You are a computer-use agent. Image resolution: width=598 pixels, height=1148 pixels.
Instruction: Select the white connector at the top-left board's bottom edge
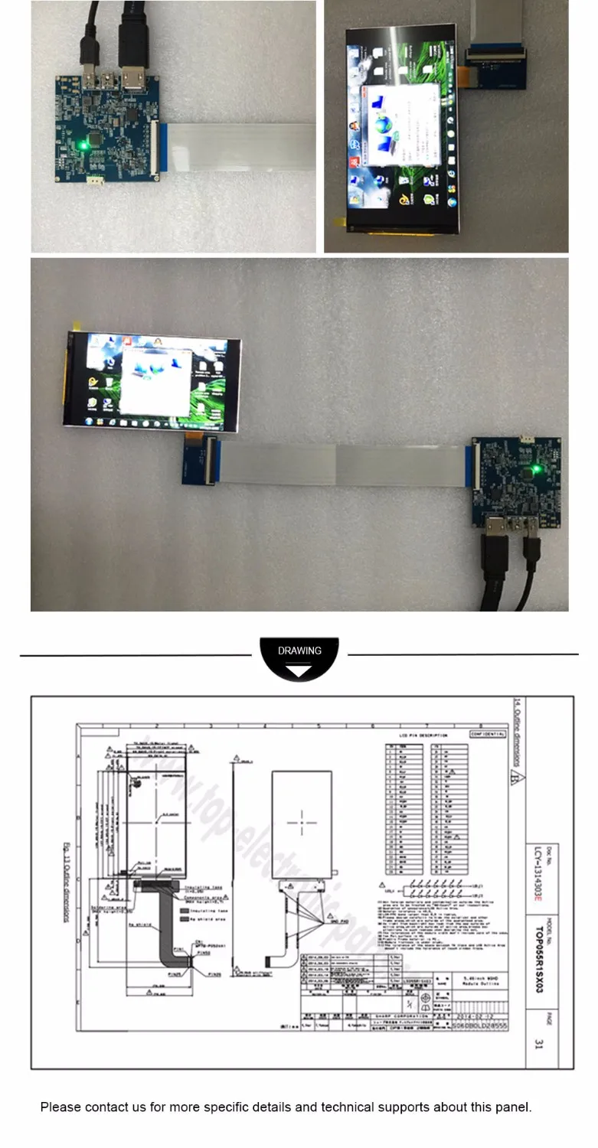[x=94, y=181]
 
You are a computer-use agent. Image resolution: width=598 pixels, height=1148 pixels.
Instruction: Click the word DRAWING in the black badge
[x=299, y=651]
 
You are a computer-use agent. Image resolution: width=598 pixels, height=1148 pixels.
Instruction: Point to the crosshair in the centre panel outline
[x=302, y=823]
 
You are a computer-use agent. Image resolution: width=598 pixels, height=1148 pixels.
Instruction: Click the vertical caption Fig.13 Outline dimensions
[x=66, y=881]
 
